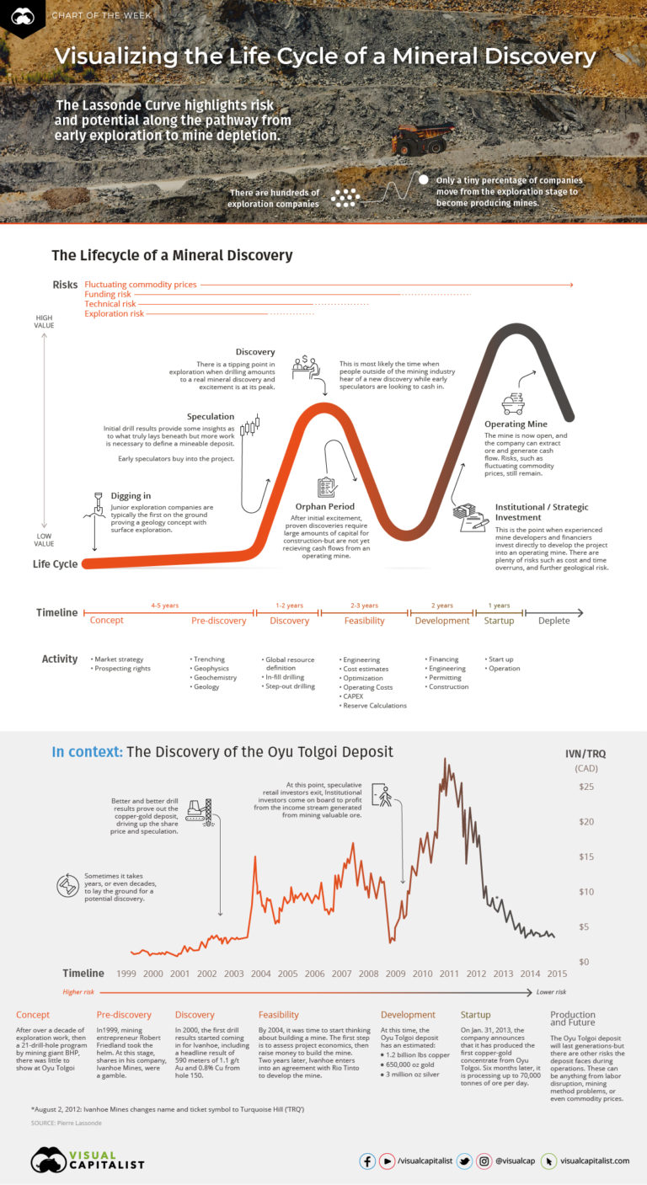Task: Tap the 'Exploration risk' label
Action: (x=114, y=314)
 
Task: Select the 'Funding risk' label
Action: (x=108, y=295)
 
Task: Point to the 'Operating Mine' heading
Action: (x=516, y=424)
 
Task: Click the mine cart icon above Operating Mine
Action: (x=512, y=403)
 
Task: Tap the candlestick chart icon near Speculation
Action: (x=250, y=426)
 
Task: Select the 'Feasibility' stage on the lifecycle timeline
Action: (x=364, y=621)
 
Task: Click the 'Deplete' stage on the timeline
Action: (x=553, y=621)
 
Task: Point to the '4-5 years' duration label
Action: (x=164, y=606)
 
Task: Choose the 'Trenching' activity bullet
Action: (x=208, y=659)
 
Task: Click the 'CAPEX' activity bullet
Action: (x=352, y=697)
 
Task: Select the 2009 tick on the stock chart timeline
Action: (x=395, y=973)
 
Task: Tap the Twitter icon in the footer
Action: (x=463, y=1161)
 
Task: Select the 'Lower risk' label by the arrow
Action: (x=551, y=992)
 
